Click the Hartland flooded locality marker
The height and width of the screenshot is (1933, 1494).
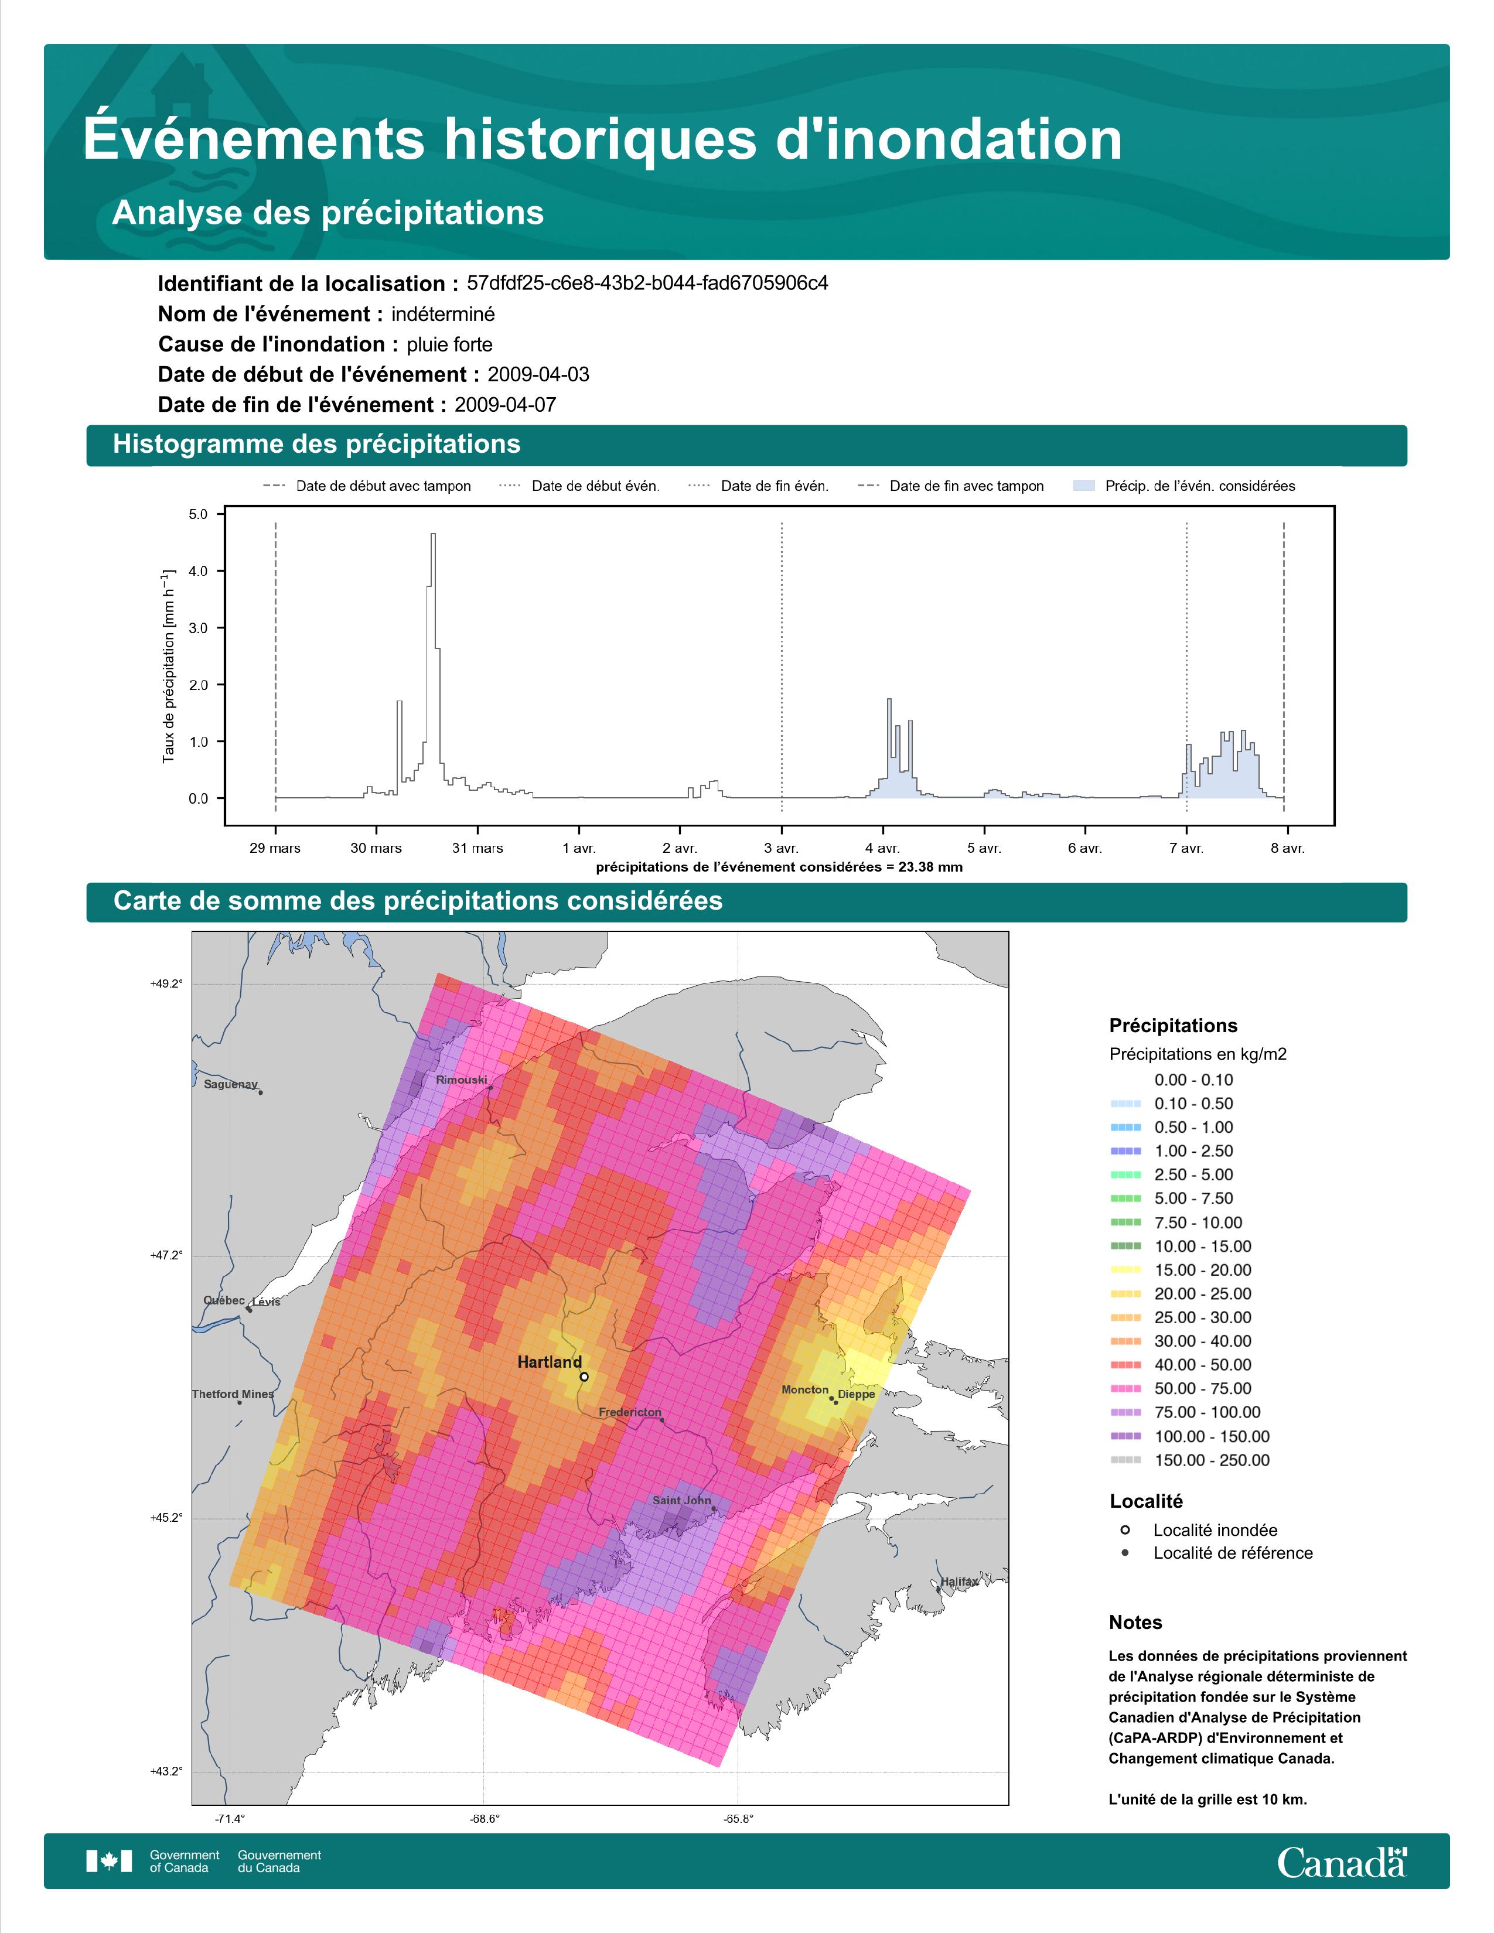(584, 1377)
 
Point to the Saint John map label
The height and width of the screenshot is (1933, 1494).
(681, 1500)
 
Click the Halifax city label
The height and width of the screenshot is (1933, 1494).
(960, 1582)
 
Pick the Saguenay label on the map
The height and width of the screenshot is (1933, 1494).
(230, 1084)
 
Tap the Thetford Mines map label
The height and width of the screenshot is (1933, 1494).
(233, 1394)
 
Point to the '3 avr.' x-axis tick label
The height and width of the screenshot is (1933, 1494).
(782, 848)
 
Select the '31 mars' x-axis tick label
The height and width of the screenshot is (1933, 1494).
(478, 848)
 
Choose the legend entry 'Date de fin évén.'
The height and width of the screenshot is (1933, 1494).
(759, 486)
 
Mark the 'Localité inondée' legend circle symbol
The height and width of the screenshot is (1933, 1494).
(1125, 1529)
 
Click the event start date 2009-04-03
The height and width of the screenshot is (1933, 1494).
(538, 374)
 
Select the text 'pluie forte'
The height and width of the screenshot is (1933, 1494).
(449, 344)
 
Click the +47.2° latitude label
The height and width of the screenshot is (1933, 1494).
(166, 1255)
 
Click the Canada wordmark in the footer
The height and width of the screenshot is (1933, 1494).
(1342, 1862)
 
